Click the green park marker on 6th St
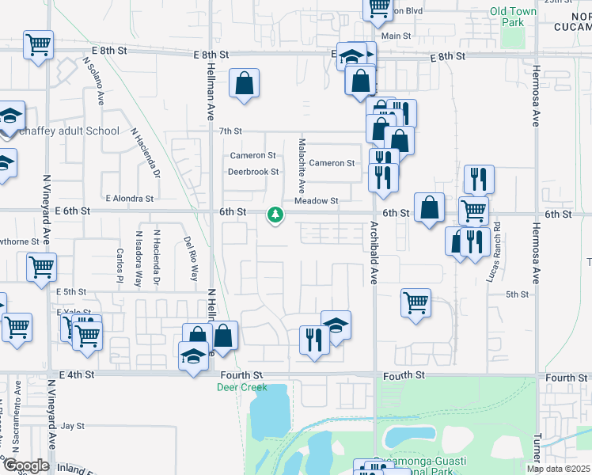(275, 215)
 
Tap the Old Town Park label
(507, 17)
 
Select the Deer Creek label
(242, 387)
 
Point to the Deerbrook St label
(253, 171)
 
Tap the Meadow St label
(316, 201)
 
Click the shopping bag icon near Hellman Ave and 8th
(245, 84)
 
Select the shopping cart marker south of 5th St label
(416, 302)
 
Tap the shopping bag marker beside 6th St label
(428, 208)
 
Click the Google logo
(26, 465)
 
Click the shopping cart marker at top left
(37, 46)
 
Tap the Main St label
(396, 36)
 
